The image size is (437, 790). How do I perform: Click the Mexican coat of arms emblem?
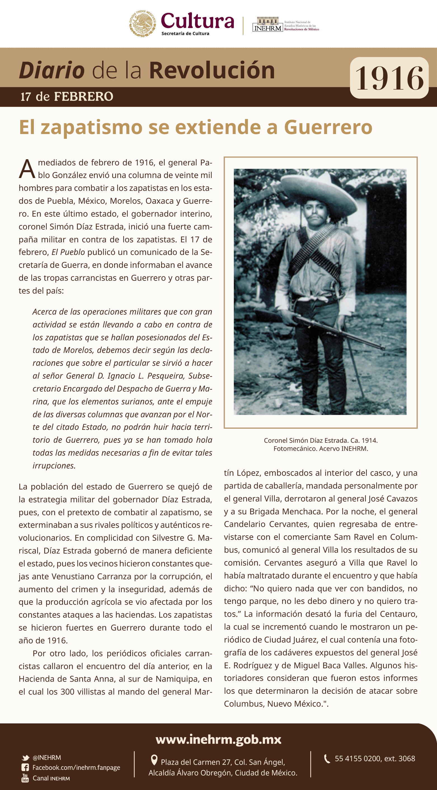142,24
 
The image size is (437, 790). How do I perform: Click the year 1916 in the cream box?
389,79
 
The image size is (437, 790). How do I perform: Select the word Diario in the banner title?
52,71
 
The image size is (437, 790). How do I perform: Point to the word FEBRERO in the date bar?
84,97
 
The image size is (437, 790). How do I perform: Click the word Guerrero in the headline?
328,127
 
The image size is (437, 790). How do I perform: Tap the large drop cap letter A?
27,169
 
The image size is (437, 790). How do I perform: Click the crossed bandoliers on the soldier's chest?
316,252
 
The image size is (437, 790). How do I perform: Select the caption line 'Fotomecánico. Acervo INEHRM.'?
320,449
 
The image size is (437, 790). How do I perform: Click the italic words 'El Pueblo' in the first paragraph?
68,252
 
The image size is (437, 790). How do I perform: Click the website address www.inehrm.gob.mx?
218,739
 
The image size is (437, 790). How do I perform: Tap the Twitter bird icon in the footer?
25,758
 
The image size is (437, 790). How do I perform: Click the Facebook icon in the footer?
25,768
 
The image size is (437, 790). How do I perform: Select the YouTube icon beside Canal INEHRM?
25,778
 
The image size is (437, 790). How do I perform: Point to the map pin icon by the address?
154,760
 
